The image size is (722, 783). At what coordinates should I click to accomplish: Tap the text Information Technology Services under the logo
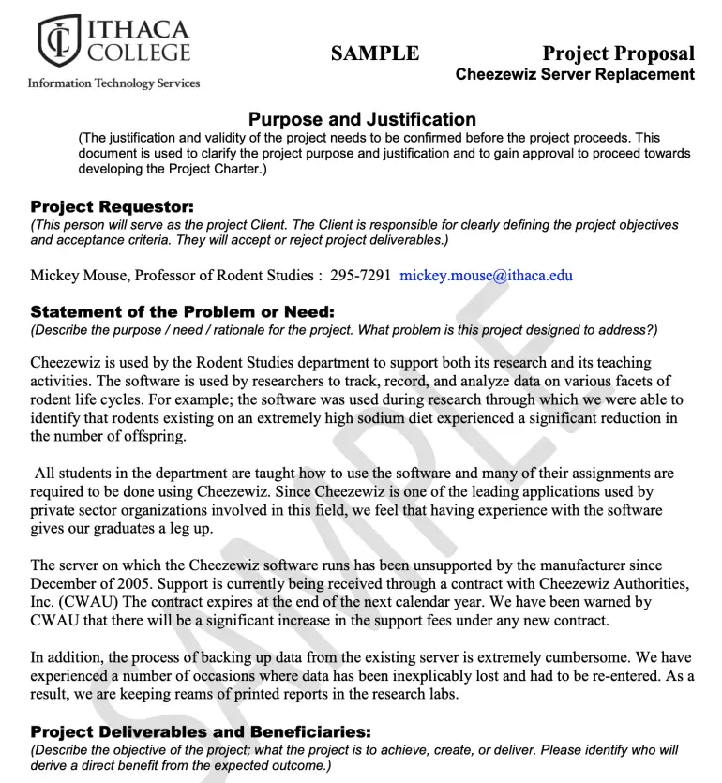point(113,83)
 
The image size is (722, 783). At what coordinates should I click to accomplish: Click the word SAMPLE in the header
point(375,53)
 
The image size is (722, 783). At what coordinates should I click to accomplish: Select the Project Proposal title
point(618,53)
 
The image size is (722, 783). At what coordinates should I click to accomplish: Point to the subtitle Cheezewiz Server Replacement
point(575,75)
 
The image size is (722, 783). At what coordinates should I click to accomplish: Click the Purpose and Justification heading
point(362,119)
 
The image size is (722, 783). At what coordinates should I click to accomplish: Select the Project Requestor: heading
point(112,206)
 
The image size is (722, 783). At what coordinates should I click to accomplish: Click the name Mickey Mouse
point(81,276)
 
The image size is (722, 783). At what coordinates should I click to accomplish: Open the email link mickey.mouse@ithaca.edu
point(486,276)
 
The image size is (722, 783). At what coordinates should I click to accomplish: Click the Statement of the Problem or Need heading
point(182,311)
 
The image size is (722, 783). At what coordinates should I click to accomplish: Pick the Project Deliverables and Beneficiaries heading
point(201,731)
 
